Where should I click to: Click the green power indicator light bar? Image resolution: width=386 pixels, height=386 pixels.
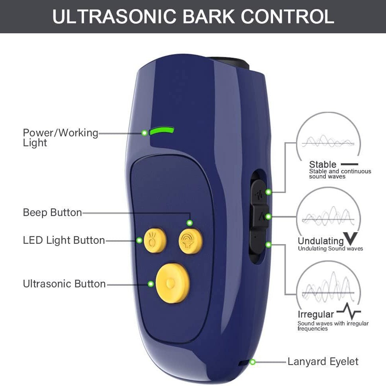point(162,131)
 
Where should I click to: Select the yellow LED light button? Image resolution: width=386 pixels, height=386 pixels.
point(154,240)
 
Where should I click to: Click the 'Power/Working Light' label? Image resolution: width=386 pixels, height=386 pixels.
point(60,137)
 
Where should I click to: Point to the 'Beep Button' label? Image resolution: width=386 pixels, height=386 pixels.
point(52,212)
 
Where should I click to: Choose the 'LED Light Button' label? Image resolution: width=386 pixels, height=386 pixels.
point(64,240)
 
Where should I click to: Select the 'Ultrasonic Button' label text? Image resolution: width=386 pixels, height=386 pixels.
point(64,284)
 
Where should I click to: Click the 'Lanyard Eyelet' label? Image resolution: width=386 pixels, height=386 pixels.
point(323,361)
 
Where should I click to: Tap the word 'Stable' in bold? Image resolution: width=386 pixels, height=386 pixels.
point(323,164)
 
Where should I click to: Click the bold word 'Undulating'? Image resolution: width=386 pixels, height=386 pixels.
point(321,241)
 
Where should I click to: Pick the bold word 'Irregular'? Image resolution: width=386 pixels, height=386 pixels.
point(316,314)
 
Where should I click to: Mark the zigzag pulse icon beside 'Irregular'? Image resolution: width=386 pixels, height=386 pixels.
point(349,311)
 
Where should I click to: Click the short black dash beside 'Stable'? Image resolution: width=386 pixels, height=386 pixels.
point(349,164)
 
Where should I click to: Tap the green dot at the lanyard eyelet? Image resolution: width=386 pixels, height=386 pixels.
point(252,361)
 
